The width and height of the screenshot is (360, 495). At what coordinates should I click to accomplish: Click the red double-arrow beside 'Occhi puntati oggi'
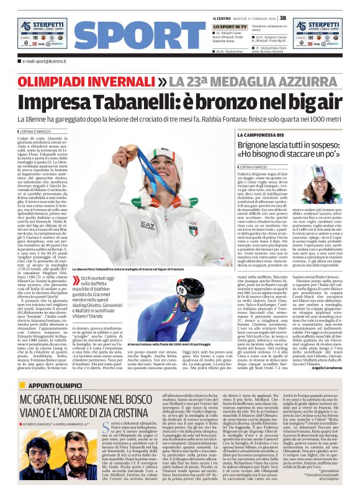[x=77, y=280]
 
